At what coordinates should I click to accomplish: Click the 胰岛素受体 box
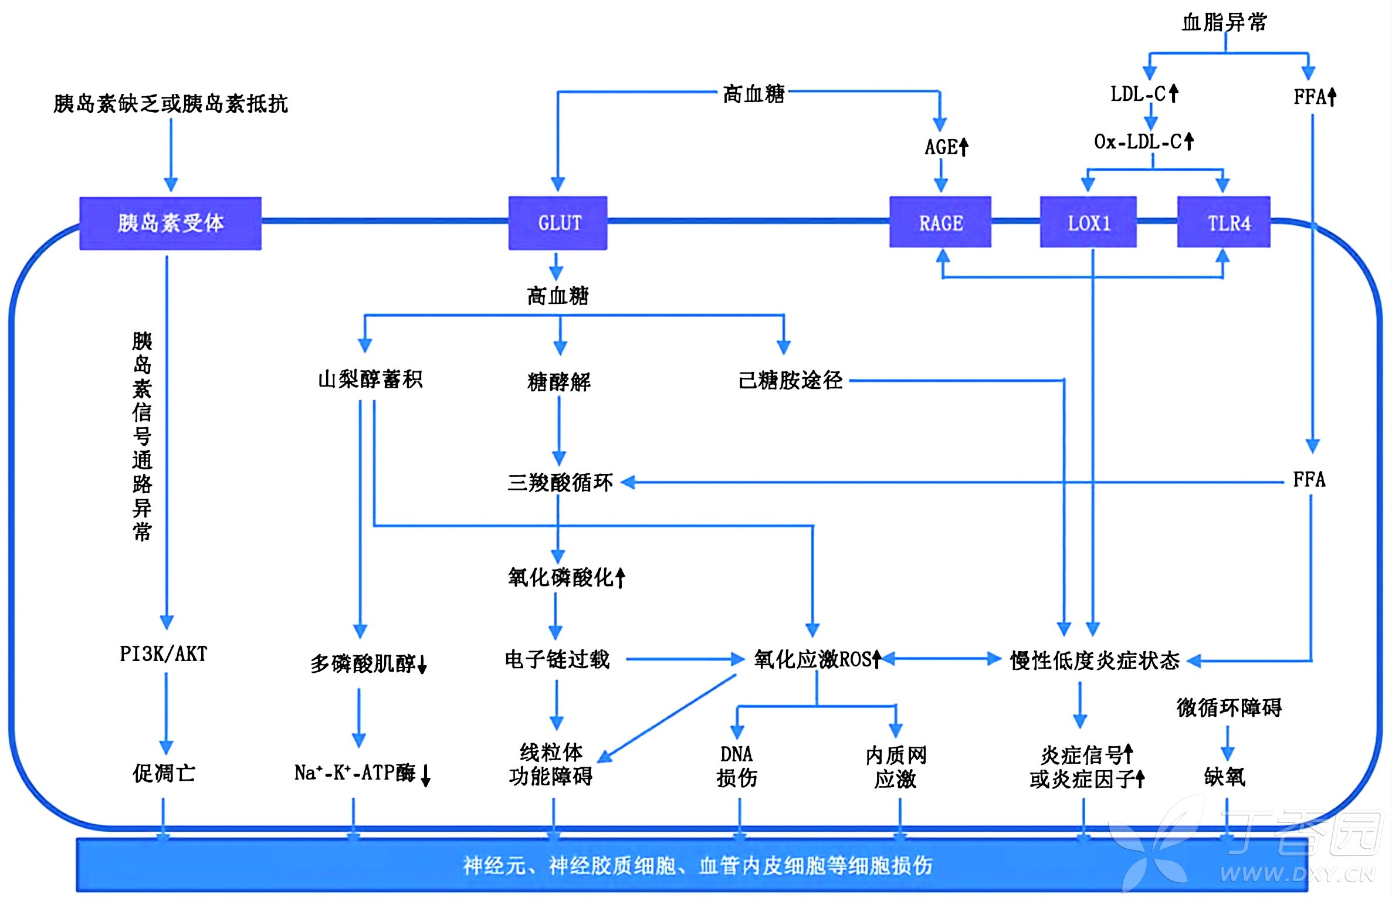coord(170,223)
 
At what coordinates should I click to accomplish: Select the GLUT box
coord(558,223)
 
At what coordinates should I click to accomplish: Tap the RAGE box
coord(940,222)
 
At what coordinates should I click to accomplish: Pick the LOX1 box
coord(1088,222)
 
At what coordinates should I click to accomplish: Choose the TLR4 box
coord(1224,222)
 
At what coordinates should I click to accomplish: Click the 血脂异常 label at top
coord(1224,22)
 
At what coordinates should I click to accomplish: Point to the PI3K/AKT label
coord(163,653)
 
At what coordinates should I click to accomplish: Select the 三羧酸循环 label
coord(560,482)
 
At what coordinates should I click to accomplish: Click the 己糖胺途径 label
coord(790,380)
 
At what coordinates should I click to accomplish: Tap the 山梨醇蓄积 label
coord(370,379)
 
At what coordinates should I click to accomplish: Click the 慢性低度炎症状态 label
coord(1095,660)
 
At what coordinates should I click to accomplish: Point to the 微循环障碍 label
coord(1229,707)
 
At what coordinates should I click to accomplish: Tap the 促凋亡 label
coord(164,773)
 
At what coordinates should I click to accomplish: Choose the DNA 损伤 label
coord(737,766)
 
